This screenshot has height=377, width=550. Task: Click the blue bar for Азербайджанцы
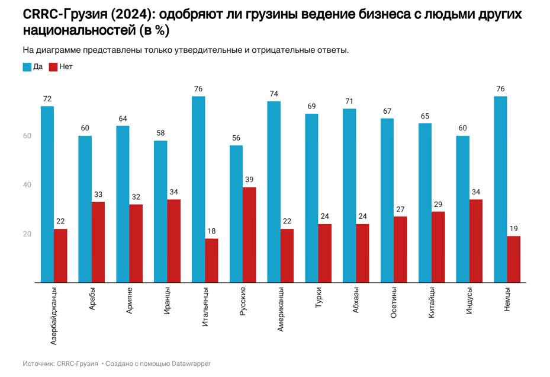[47, 194]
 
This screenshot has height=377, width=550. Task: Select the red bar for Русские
[249, 235]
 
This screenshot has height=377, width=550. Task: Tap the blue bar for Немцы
[500, 189]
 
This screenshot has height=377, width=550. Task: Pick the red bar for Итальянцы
[211, 260]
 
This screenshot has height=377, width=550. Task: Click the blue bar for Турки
[311, 198]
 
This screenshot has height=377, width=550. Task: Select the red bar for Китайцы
[438, 247]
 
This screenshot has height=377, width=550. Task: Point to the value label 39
[249, 180]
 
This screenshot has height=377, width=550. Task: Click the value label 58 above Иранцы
[160, 133]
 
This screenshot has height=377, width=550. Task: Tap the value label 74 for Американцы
[274, 94]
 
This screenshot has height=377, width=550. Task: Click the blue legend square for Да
[27, 67]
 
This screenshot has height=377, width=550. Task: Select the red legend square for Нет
[53, 67]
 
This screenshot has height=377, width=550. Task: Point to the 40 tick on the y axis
[27, 185]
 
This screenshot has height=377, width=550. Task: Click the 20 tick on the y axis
[27, 234]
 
